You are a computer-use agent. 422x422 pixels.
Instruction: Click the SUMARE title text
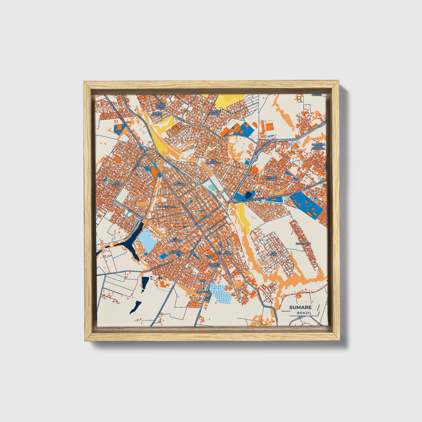click(x=300, y=307)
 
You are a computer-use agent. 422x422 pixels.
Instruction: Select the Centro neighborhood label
click(x=206, y=216)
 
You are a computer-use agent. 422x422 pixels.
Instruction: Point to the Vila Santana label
click(x=178, y=183)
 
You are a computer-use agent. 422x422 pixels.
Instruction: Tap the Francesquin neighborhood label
click(x=166, y=206)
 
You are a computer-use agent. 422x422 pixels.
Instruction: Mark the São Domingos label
click(x=213, y=161)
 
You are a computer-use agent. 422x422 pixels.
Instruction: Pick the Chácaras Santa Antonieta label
click(x=318, y=147)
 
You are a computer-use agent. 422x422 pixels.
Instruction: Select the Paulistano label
click(x=303, y=243)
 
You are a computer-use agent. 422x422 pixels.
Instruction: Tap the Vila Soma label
click(x=274, y=253)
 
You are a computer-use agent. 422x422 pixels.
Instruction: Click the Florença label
click(x=203, y=292)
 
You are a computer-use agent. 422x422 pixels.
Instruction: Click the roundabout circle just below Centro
click(x=197, y=224)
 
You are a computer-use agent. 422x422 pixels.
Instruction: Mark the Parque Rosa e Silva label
click(x=160, y=106)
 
